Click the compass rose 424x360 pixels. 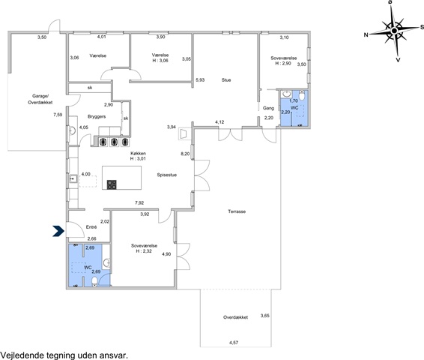click(394, 31)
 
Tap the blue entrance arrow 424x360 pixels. click(58, 231)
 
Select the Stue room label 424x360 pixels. click(226, 80)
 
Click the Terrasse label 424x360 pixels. click(237, 211)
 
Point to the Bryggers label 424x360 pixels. click(97, 117)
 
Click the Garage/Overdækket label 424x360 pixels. click(40, 99)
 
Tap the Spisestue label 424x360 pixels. click(166, 175)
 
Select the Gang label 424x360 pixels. click(268, 108)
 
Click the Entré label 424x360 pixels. click(91, 227)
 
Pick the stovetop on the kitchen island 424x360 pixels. click(112, 184)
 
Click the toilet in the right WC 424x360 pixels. click(302, 95)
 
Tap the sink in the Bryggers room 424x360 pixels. click(72, 130)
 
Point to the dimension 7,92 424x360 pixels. click(139, 202)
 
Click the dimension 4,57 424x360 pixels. click(234, 343)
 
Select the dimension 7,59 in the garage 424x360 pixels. click(58, 115)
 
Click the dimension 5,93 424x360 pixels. click(200, 80)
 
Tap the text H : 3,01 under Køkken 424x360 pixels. click(138, 158)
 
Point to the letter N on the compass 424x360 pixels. click(366, 34)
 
